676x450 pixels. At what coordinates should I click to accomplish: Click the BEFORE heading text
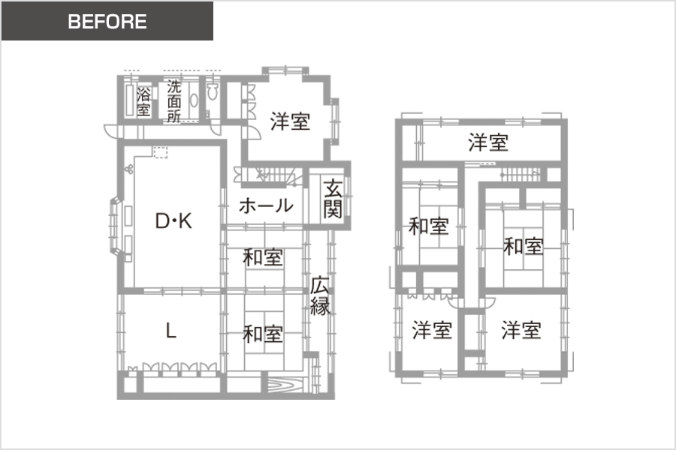107,22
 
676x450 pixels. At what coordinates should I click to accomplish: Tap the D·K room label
174,221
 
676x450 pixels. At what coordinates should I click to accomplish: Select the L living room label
171,331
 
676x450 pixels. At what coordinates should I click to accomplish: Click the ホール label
266,205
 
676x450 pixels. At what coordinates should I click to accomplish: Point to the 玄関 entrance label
333,199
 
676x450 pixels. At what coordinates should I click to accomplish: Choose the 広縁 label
320,295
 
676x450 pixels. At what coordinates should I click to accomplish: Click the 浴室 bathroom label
143,102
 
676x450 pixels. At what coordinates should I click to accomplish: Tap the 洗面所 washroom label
174,101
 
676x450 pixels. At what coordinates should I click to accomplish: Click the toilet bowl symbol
212,91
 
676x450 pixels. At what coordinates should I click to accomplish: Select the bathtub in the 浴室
129,100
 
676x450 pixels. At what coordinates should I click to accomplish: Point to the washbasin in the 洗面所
194,100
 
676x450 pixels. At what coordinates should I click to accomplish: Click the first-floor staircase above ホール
272,175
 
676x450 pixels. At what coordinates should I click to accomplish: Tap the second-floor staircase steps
521,175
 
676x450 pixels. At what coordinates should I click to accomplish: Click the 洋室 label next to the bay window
290,121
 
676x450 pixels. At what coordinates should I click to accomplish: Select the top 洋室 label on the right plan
488,142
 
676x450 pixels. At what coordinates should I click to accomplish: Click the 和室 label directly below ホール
263,257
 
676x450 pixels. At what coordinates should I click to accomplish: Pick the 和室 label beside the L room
263,334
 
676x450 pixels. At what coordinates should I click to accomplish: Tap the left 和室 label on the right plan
429,226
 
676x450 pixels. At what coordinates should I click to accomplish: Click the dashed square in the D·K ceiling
161,152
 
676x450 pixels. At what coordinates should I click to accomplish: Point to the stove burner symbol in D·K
129,169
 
